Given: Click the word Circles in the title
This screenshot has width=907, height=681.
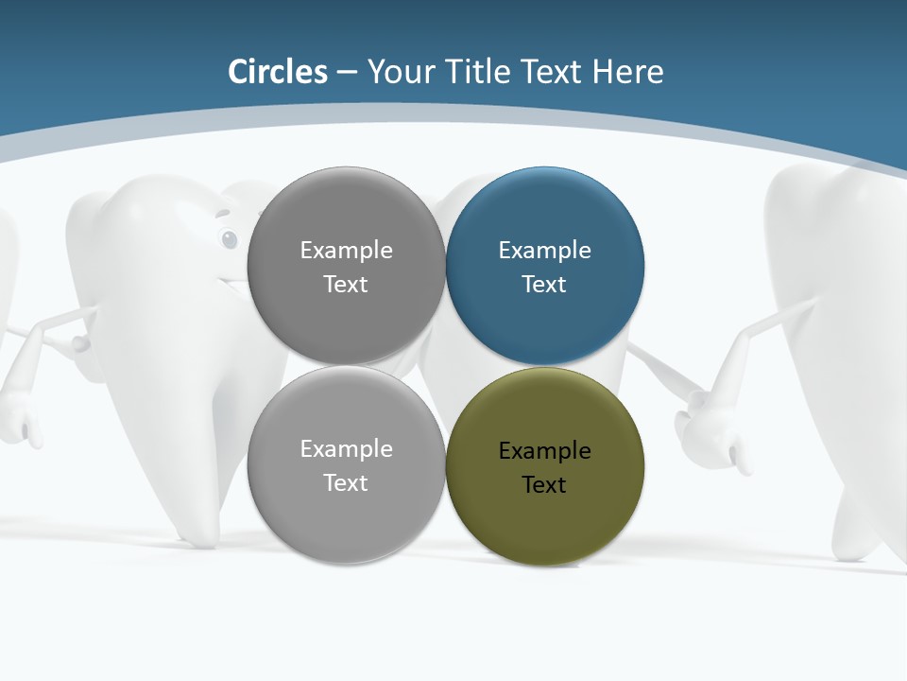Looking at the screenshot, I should pyautogui.click(x=278, y=72).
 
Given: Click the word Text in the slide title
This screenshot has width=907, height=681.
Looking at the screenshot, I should pyautogui.click(x=554, y=72).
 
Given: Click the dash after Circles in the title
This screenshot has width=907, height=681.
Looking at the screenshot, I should pyautogui.click(x=347, y=73).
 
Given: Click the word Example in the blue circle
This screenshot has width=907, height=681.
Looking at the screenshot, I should pyautogui.click(x=544, y=251).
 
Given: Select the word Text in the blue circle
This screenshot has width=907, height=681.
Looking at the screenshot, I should pyautogui.click(x=544, y=285).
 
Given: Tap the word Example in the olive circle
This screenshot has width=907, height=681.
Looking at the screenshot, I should pyautogui.click(x=544, y=451).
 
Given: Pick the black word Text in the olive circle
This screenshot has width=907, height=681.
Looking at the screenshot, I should pyautogui.click(x=544, y=485).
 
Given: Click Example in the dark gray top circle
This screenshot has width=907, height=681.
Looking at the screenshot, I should pyautogui.click(x=346, y=251).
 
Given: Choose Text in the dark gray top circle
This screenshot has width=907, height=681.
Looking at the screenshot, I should pyautogui.click(x=346, y=285).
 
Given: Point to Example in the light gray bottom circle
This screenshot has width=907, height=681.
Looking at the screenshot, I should pyautogui.click(x=346, y=449).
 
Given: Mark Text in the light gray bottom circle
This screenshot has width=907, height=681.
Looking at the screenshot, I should pyautogui.click(x=346, y=483).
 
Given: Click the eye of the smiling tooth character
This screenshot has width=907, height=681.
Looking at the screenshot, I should pyautogui.click(x=230, y=239).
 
